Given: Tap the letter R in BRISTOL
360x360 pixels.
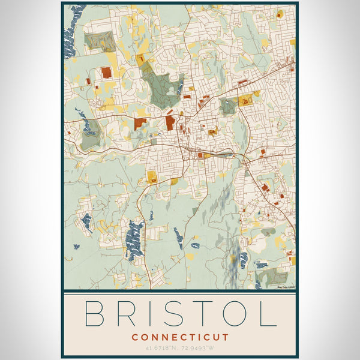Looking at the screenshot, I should [x=129, y=314].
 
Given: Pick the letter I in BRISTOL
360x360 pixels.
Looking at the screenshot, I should [x=154, y=314].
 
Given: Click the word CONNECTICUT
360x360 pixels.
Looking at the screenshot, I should [x=180, y=338].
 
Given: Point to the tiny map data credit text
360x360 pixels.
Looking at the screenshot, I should [x=285, y=287].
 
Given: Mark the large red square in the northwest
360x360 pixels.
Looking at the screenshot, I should [x=106, y=73].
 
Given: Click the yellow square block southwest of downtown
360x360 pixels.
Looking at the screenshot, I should [x=151, y=177].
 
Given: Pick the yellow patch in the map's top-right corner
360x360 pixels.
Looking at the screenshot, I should [x=280, y=13].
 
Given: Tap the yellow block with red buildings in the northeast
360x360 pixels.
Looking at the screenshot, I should [x=246, y=100].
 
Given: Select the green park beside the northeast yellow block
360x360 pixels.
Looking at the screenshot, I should [x=228, y=107].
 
